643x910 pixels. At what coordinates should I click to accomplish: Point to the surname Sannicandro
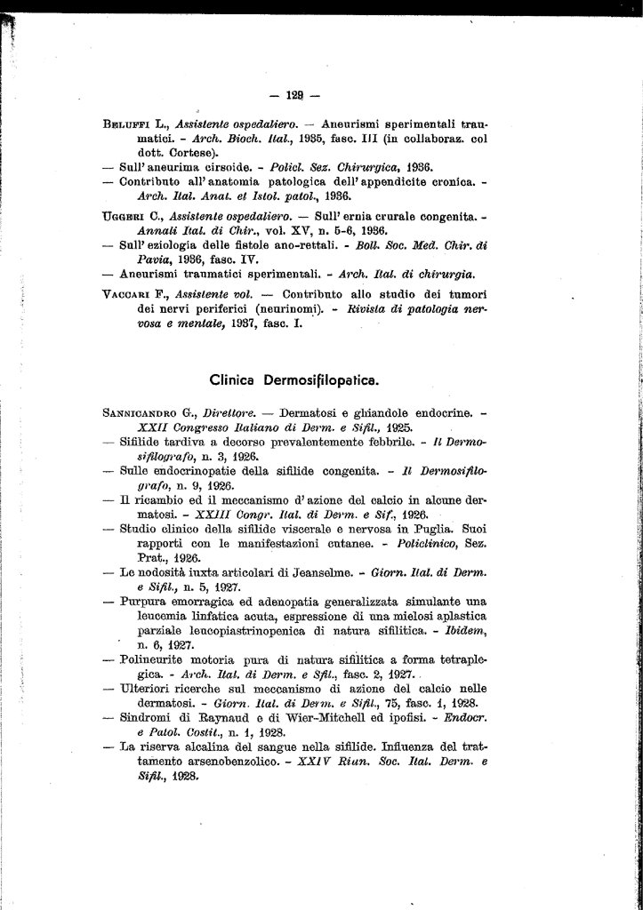[146, 413]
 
